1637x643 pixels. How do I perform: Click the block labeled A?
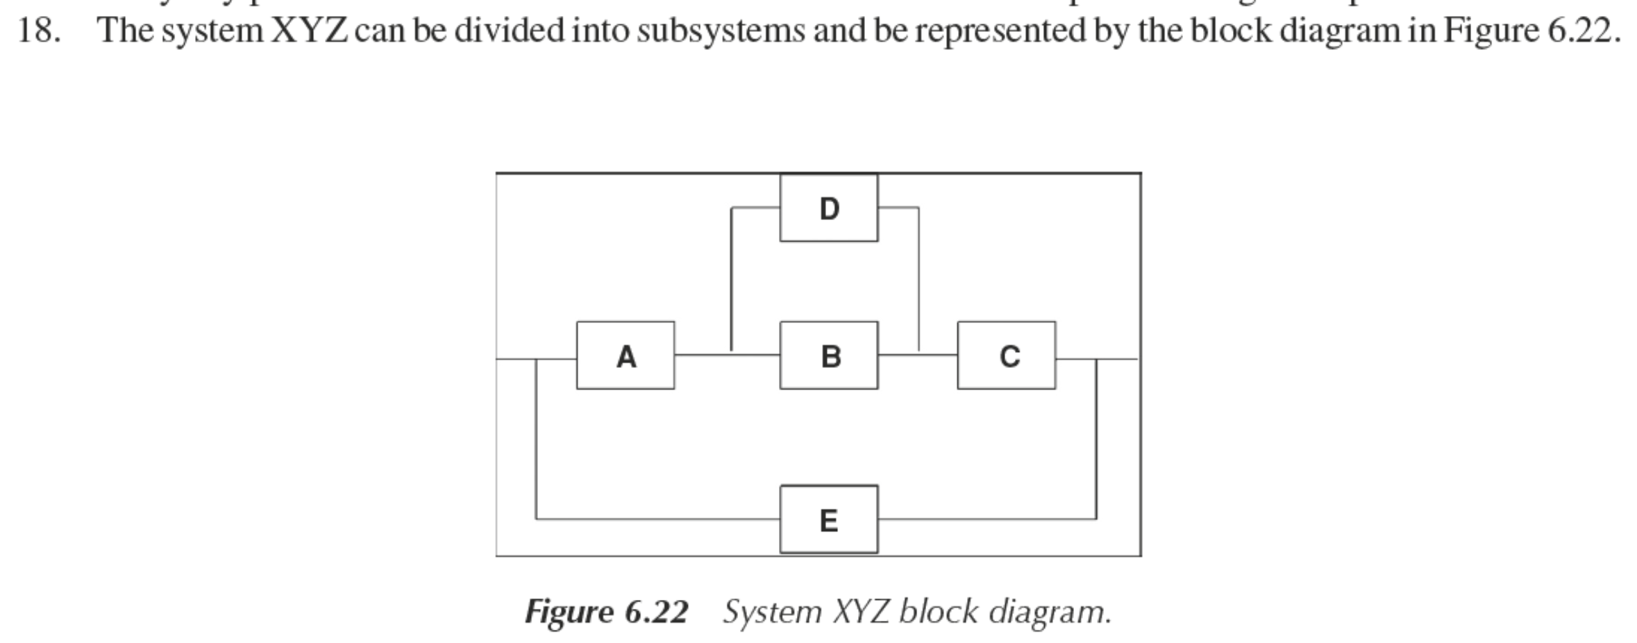pyautogui.click(x=625, y=356)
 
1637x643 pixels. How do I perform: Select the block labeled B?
pyautogui.click(x=829, y=356)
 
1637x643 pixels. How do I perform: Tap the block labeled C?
pyautogui.click(x=1007, y=356)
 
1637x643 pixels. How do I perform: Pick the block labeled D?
pyautogui.click(x=829, y=208)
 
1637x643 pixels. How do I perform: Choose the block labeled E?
pyautogui.click(x=829, y=519)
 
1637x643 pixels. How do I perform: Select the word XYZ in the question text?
pyautogui.click(x=309, y=31)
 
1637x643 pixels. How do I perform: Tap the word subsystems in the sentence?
pyautogui.click(x=721, y=31)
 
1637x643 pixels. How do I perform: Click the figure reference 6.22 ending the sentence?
pyautogui.click(x=1584, y=31)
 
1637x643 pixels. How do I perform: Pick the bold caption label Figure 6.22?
pyautogui.click(x=606, y=612)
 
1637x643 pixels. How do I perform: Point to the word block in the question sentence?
pyautogui.click(x=1231, y=31)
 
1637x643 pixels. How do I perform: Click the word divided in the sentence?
pyautogui.click(x=509, y=31)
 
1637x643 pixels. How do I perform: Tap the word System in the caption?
pyautogui.click(x=772, y=612)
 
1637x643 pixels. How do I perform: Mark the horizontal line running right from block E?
pyautogui.click(x=987, y=519)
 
